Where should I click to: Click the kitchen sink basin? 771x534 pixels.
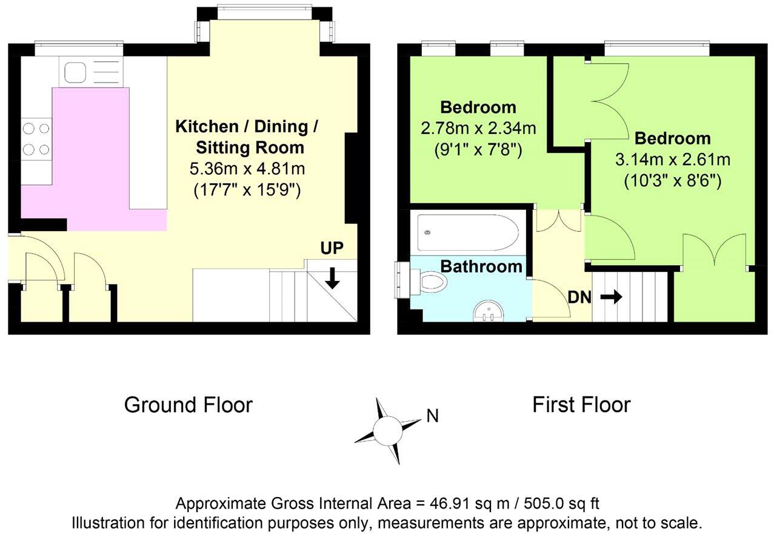click(x=75, y=72)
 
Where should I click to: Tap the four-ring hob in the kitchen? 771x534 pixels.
click(x=36, y=139)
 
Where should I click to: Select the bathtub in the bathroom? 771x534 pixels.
click(x=468, y=232)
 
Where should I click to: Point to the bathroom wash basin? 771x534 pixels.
click(x=488, y=311)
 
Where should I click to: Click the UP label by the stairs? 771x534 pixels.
click(x=332, y=248)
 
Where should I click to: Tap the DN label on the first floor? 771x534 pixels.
click(x=579, y=297)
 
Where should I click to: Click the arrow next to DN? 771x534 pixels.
click(x=612, y=297)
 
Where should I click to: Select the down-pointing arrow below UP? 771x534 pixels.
click(x=332, y=278)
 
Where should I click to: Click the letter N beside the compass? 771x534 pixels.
click(x=432, y=416)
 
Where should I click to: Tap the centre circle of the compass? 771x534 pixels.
click(x=387, y=431)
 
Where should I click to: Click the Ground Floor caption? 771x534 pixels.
click(x=189, y=405)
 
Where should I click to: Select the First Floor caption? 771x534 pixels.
click(x=581, y=405)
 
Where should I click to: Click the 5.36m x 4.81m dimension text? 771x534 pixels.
click(x=247, y=169)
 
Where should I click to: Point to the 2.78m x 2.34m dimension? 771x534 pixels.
click(x=478, y=129)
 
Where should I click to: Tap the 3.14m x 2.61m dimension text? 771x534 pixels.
click(x=673, y=160)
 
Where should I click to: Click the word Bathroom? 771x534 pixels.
click(x=481, y=266)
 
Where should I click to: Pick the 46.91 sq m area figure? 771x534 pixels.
click(x=470, y=504)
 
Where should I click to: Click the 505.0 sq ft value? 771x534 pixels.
click(x=561, y=504)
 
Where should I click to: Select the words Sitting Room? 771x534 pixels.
click(x=250, y=148)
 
